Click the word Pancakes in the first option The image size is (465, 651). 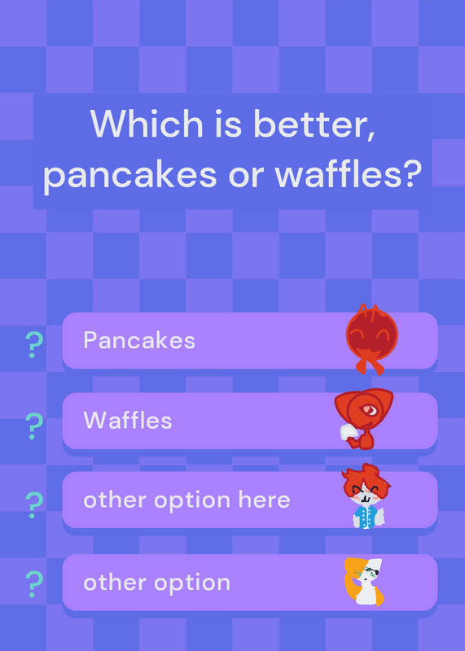[x=139, y=340]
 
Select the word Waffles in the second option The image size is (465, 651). [x=128, y=420]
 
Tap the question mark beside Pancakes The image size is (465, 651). [x=34, y=344]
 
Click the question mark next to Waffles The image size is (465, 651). [x=34, y=426]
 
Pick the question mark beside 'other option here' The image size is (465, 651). [x=34, y=505]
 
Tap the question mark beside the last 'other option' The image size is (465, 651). [x=34, y=584]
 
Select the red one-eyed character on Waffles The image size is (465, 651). [x=363, y=418]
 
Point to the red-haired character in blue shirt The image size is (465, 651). [x=366, y=496]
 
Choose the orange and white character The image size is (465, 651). [x=364, y=581]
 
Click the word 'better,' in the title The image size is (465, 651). [x=314, y=124]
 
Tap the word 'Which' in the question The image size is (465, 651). [x=147, y=124]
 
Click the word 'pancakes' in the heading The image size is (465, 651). [x=130, y=175]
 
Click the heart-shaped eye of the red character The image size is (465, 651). [x=368, y=410]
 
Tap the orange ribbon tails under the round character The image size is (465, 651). [x=370, y=365]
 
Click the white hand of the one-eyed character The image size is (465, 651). [x=349, y=433]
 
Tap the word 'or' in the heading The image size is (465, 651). [x=246, y=176]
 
